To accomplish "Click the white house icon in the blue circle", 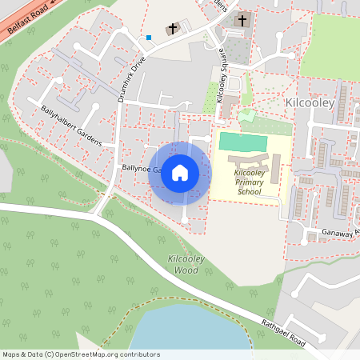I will point(180,173).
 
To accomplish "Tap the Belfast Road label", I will point(24,16).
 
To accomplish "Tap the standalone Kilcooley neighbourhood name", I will point(309,103).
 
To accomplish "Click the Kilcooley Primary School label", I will point(249,182).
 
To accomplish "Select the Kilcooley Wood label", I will point(185,264).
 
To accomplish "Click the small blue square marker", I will point(148,37).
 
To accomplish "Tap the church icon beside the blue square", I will point(171,29).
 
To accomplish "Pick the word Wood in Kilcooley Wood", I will point(186,270).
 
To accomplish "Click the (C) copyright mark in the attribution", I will point(49,354).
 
